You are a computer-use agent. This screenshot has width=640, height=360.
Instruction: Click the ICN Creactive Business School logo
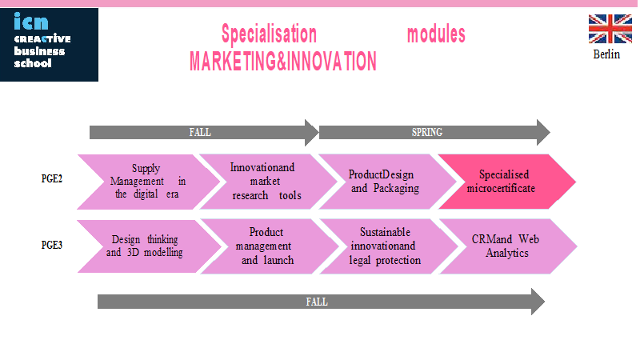point(49,45)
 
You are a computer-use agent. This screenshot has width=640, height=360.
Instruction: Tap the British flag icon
point(610,29)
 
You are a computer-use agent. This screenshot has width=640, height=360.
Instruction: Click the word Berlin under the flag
point(606,54)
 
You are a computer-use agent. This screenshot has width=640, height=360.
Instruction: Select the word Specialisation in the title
point(269,34)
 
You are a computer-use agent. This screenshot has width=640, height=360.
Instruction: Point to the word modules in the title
point(436,34)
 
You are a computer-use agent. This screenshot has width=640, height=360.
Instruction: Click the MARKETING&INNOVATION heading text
point(283,62)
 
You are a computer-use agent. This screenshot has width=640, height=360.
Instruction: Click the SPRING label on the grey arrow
point(427,132)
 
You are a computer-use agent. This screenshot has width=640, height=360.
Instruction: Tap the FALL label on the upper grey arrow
point(200,132)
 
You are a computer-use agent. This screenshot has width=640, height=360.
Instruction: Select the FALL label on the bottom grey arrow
point(317,302)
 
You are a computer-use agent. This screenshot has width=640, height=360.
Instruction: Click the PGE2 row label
point(52,178)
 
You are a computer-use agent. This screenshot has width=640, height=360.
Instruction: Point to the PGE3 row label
point(52,245)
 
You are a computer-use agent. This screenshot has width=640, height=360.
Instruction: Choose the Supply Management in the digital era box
point(148,182)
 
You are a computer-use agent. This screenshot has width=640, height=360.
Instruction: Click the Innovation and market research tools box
point(268,182)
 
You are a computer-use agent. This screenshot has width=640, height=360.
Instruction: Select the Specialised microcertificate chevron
point(506,182)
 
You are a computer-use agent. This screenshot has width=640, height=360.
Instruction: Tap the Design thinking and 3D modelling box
point(149,246)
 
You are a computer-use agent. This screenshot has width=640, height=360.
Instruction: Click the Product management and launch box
point(269,246)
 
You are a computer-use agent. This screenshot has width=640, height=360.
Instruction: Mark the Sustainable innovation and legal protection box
point(388,246)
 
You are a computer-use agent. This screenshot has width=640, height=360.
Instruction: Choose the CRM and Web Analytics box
point(508,246)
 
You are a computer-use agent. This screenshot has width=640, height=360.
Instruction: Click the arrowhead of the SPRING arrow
point(543,132)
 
